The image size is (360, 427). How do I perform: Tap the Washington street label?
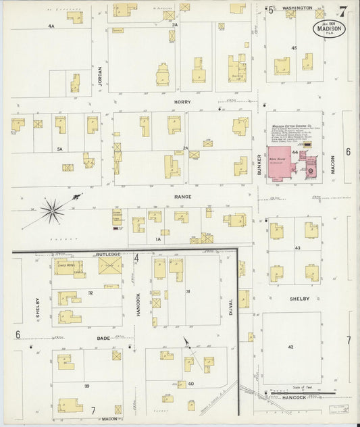(x=297, y=8)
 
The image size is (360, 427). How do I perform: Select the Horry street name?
(x=182, y=102)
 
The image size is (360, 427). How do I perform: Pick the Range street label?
(x=182, y=197)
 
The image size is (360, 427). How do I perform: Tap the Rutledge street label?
(x=108, y=253)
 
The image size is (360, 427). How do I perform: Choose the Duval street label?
(x=230, y=307)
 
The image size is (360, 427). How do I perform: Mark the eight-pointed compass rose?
(x=51, y=211)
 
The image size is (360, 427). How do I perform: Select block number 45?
(x=294, y=48)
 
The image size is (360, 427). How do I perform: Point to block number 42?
(x=291, y=347)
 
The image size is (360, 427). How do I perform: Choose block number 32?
(x=90, y=293)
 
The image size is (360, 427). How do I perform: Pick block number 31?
(x=188, y=291)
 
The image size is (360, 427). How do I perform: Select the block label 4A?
(x=51, y=26)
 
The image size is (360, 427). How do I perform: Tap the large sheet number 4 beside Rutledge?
(x=136, y=257)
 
